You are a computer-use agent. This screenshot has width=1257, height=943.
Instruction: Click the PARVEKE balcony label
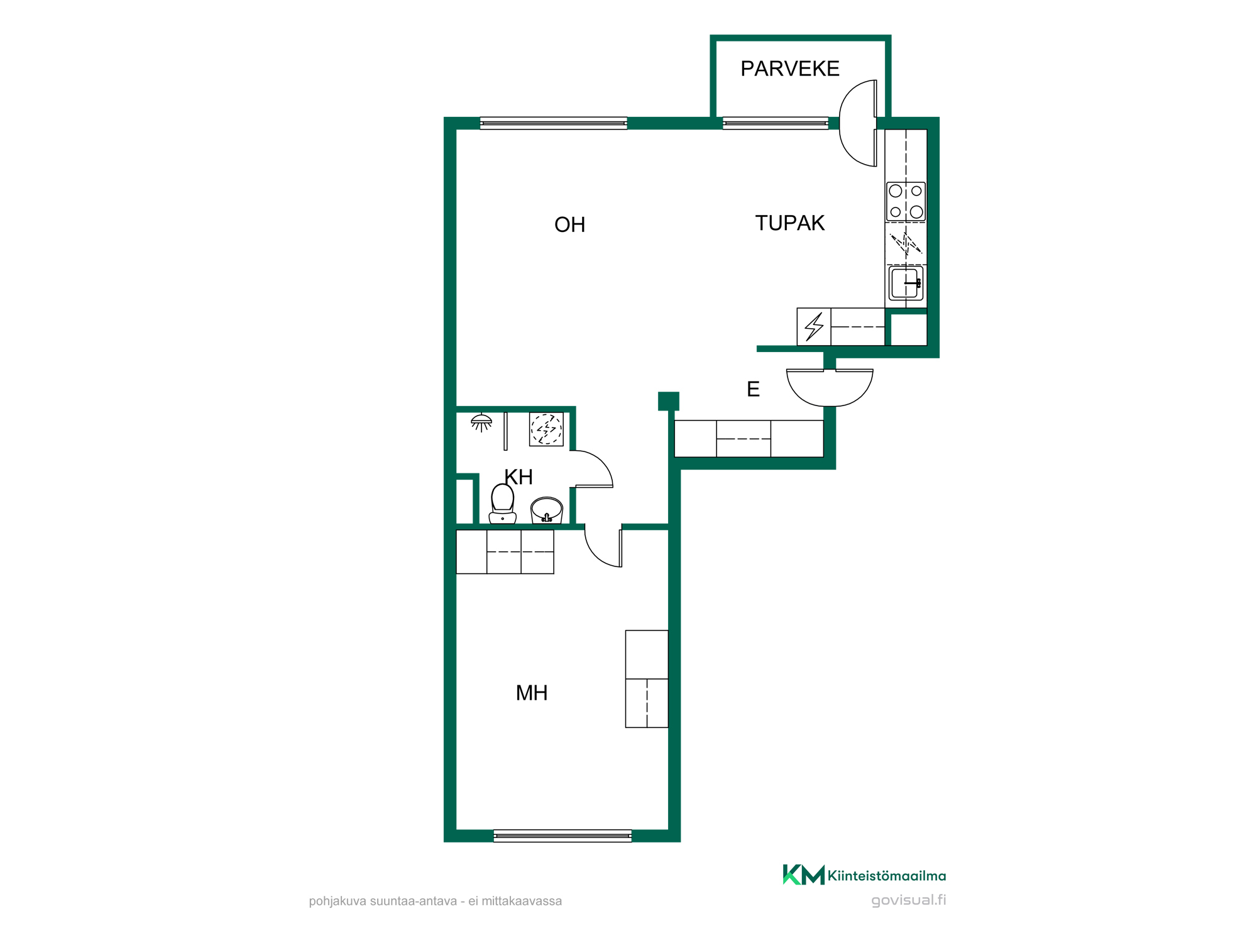(x=789, y=69)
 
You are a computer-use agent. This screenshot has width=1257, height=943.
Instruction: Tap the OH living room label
(x=569, y=224)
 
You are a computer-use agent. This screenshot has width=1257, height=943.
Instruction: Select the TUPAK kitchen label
(x=789, y=223)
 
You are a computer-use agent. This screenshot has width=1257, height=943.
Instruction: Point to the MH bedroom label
(x=532, y=693)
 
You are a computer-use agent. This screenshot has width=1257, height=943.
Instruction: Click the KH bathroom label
(x=519, y=477)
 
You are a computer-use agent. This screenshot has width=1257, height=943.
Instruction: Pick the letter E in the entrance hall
(x=753, y=389)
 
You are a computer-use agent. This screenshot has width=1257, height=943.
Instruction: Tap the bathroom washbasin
(x=547, y=510)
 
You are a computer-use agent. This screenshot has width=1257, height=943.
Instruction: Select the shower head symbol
(x=481, y=422)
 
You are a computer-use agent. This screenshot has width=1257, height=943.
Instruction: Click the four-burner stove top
(x=906, y=201)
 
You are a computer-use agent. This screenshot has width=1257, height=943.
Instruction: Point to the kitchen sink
(x=906, y=283)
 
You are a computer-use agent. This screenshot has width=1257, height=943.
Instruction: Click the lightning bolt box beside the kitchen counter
(x=814, y=327)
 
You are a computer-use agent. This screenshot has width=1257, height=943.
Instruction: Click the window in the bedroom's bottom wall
(x=563, y=835)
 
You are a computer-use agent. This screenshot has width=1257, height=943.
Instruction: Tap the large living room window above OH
(x=554, y=123)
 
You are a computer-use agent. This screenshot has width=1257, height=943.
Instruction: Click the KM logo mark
(x=803, y=874)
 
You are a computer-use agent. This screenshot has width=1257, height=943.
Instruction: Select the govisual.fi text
(x=908, y=900)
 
